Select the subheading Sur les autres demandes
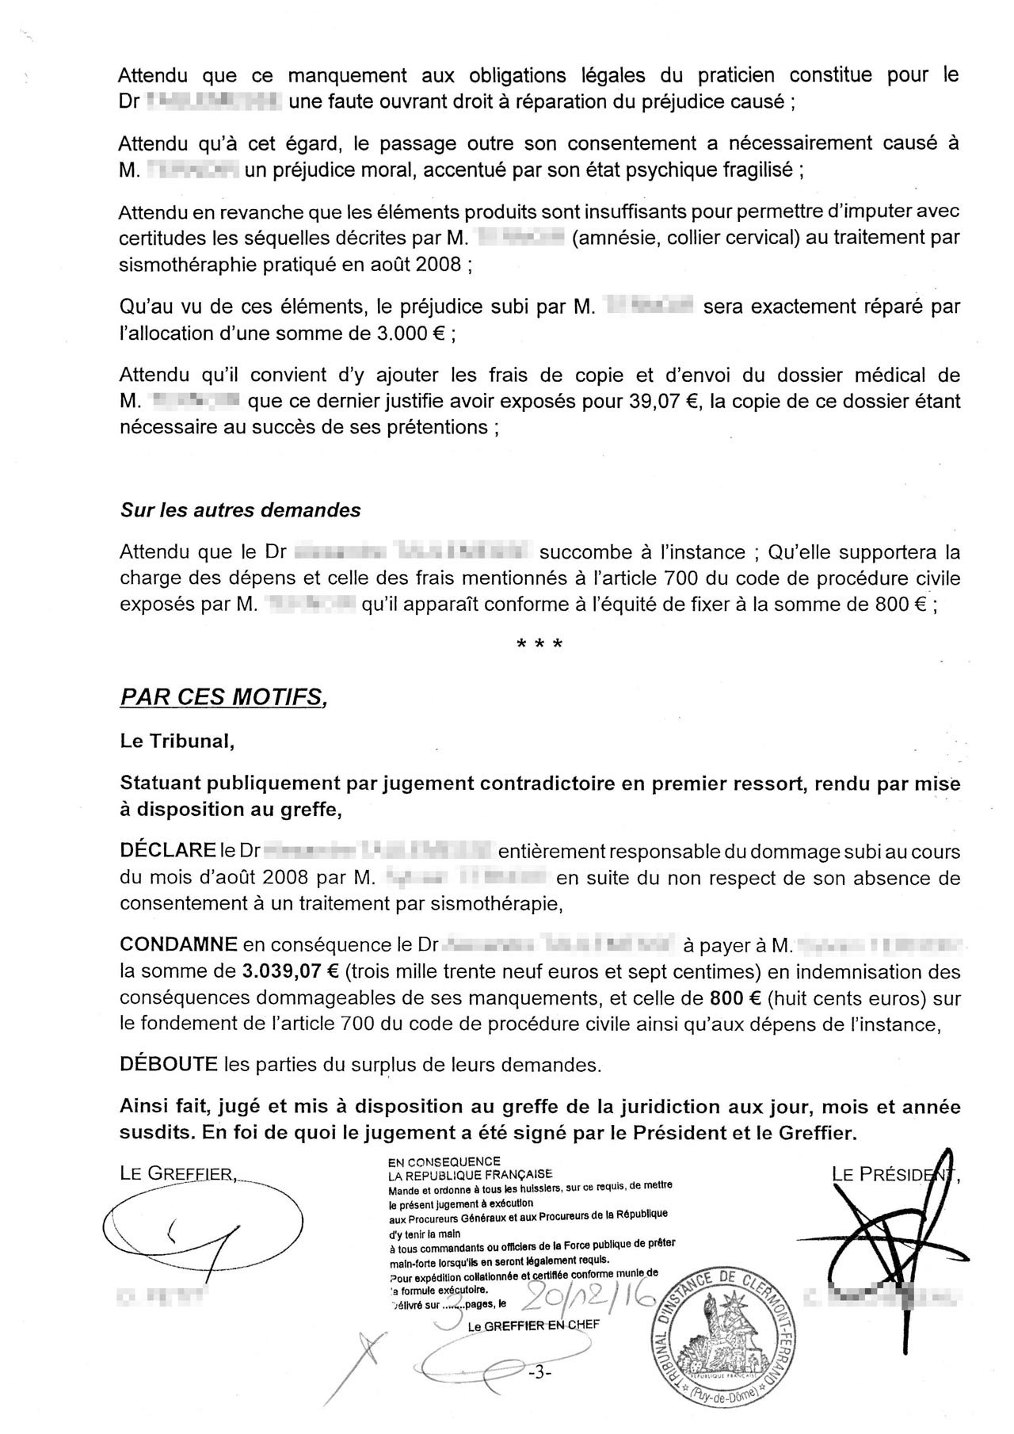point(240,510)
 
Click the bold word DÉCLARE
point(167,852)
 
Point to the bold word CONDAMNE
point(178,944)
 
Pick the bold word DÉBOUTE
point(168,1064)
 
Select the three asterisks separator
point(539,644)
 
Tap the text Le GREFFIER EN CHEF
point(534,1325)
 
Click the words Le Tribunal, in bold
point(177,742)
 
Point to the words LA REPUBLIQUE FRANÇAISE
point(470,1174)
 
